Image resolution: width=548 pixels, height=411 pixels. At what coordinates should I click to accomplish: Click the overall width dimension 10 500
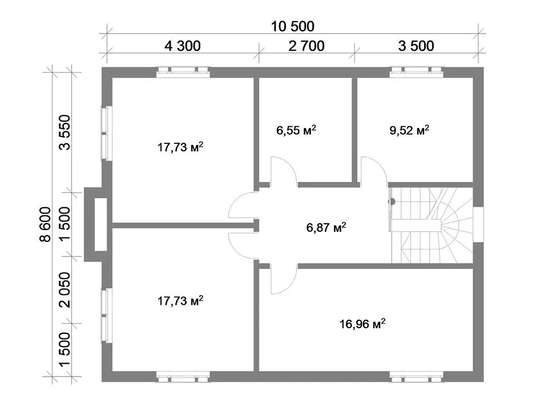tap(293, 26)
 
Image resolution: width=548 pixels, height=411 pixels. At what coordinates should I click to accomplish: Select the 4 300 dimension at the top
tap(183, 46)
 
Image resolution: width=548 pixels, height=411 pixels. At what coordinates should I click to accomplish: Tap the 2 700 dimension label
tap(307, 46)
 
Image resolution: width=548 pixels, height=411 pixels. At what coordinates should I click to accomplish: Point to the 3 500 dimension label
tap(416, 46)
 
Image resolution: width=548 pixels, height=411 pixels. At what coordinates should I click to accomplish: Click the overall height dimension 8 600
tap(46, 224)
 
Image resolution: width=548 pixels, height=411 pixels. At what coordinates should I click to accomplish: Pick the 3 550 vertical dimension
tap(65, 132)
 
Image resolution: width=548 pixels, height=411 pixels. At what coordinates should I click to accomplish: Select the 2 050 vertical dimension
tap(65, 290)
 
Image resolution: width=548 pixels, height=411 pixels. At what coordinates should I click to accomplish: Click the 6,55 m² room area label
tap(296, 130)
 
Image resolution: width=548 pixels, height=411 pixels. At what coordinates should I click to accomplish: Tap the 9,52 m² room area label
tap(409, 130)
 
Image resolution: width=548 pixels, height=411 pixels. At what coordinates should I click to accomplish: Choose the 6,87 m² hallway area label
tap(326, 227)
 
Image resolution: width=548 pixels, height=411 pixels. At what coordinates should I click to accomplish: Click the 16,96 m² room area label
tap(362, 324)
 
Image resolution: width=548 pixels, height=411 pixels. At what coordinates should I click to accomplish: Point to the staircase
tap(432, 225)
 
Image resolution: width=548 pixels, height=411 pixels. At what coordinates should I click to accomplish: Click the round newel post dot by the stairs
tap(392, 202)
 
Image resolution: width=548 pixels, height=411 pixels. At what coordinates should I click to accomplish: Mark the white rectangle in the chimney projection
tap(100, 224)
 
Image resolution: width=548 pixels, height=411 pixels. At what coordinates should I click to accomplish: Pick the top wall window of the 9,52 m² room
tap(417, 72)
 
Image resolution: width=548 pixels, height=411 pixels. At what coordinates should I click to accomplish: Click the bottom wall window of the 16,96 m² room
tap(417, 376)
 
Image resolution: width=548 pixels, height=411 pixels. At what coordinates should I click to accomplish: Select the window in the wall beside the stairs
tap(478, 224)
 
